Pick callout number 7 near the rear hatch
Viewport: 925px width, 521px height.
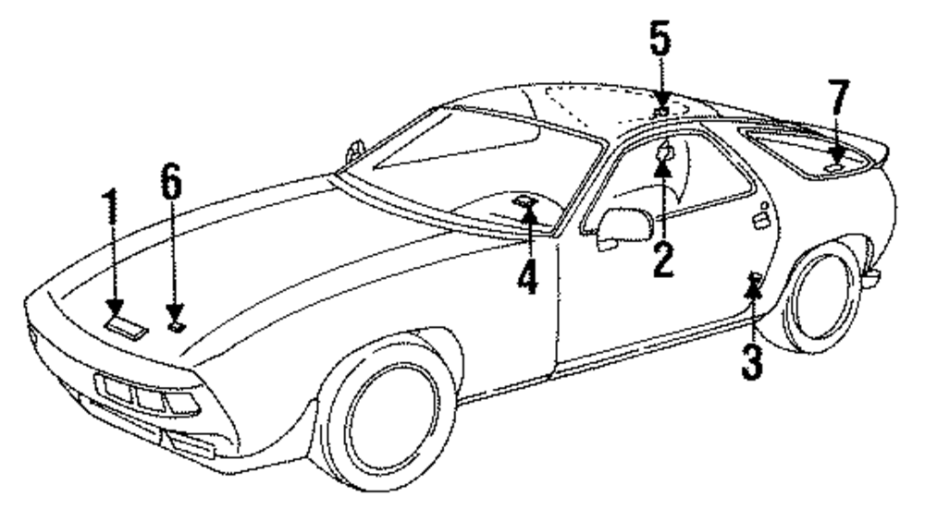(838, 99)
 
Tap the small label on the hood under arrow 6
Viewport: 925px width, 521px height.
(175, 324)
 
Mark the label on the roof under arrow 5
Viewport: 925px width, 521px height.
(661, 112)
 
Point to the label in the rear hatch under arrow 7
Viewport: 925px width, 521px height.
(835, 168)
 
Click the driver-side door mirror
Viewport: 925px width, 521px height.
(623, 226)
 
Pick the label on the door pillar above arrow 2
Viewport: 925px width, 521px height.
(663, 151)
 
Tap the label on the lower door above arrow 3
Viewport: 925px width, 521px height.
(755, 278)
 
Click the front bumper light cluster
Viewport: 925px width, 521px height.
(148, 395)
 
